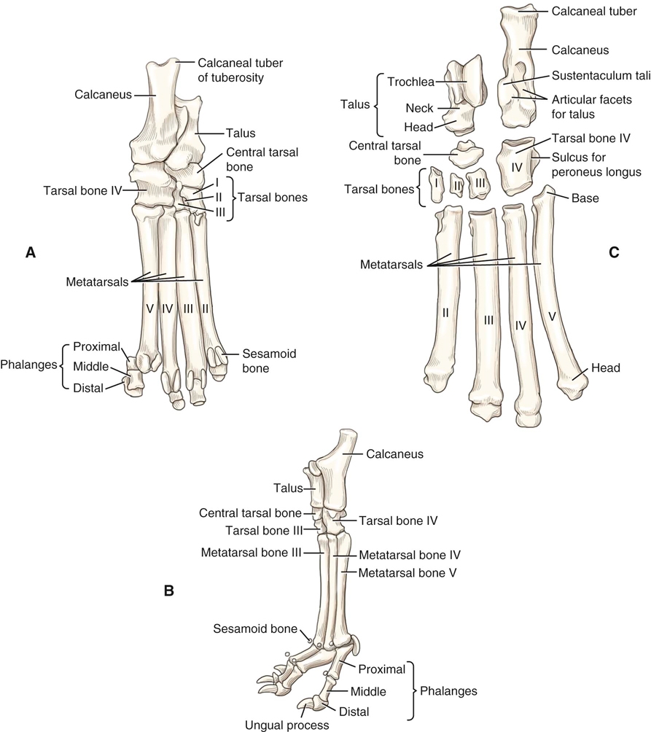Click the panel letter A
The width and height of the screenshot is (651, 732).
(x=30, y=252)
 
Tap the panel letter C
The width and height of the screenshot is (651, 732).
(x=613, y=252)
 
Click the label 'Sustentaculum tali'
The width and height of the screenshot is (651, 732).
(x=592, y=75)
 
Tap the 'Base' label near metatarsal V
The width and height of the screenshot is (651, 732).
(x=585, y=198)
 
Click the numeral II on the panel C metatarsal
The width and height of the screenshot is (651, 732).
(x=444, y=312)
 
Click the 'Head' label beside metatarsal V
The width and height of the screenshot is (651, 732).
(x=606, y=368)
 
